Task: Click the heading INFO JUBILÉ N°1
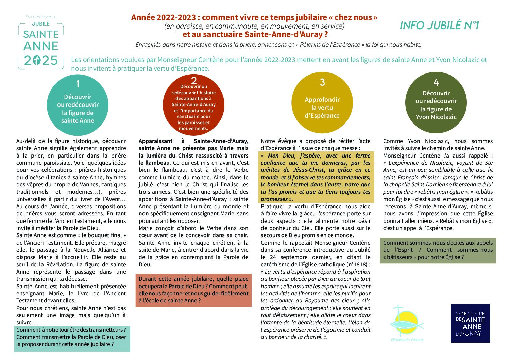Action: pyautogui.click(x=439, y=26)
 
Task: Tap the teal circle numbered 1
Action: pyautogui.click(x=78, y=105)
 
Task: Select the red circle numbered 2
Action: pyautogui.click(x=193, y=106)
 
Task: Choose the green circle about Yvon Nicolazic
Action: pyautogui.click(x=436, y=102)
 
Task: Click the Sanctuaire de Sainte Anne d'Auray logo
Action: pyautogui.click(x=470, y=323)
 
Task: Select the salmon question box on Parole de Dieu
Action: pyautogui.click(x=193, y=290)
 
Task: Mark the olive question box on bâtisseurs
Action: pyautogui.click(x=438, y=250)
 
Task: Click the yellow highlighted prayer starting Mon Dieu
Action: pyautogui.click(x=316, y=177)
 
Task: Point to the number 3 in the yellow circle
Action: pyautogui.click(x=322, y=82)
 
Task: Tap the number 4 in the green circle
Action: pyautogui.click(x=436, y=82)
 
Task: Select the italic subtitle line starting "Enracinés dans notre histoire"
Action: pyautogui.click(x=278, y=45)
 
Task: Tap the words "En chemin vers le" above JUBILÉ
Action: pyautogui.click(x=41, y=17)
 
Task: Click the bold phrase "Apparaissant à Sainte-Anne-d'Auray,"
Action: pyautogui.click(x=193, y=141)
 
